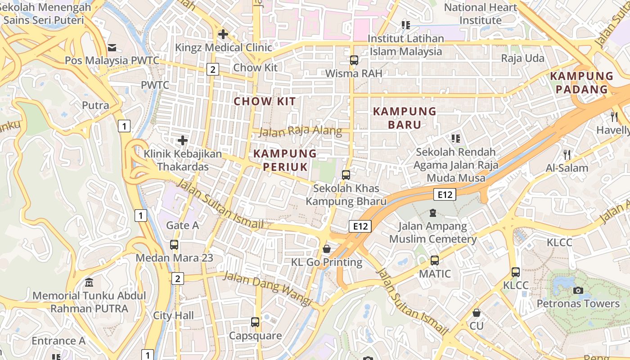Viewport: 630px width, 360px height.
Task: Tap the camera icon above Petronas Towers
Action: coord(578,290)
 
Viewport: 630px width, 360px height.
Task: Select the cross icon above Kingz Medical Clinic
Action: coord(223,34)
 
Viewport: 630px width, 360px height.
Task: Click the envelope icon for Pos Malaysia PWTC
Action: coord(112,47)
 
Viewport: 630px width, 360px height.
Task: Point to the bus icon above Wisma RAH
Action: coord(354,60)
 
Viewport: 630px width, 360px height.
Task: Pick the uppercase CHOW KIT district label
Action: coord(265,101)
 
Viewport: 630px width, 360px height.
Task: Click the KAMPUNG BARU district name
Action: coord(405,118)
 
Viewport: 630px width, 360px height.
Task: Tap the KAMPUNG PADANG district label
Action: coord(581,82)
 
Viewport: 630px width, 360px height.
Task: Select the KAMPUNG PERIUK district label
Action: coord(285,160)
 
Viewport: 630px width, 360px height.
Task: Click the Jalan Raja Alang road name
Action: coord(301,132)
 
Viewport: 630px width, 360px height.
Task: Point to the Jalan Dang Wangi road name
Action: coord(267,288)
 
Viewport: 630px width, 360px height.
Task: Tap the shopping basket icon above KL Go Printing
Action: coord(327,249)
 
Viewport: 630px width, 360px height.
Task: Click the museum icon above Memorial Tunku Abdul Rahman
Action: coord(89,283)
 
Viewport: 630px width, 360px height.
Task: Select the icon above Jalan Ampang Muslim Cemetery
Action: coord(433,212)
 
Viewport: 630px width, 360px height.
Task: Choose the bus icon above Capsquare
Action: coord(255,322)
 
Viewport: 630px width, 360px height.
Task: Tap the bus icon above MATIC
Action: coord(435,260)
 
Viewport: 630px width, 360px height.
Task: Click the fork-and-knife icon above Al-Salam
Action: coord(567,155)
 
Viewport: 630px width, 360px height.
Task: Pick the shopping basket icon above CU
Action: coord(476,312)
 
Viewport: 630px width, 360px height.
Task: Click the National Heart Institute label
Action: coord(481,14)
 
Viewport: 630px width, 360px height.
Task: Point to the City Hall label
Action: coord(173,315)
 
